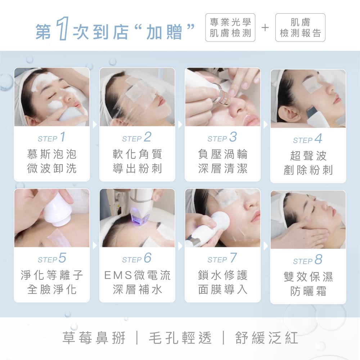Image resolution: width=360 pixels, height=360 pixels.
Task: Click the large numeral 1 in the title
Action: pyautogui.click(x=62, y=28)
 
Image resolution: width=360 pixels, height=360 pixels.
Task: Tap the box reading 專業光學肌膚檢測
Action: pyautogui.click(x=230, y=28)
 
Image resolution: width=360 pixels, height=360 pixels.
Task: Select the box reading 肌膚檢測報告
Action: pyautogui.click(x=300, y=28)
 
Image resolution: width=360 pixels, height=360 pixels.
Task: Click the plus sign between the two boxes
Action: pyautogui.click(x=265, y=28)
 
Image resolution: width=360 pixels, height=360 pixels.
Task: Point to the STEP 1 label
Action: pyautogui.click(x=51, y=137)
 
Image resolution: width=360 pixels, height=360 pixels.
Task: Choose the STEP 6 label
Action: pyautogui.click(x=137, y=258)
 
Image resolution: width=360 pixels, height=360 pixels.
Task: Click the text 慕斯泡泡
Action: pyautogui.click(x=51, y=154)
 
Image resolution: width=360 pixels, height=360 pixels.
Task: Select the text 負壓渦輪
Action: pyautogui.click(x=223, y=154)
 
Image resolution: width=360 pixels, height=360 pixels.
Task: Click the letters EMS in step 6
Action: pyautogui.click(x=118, y=275)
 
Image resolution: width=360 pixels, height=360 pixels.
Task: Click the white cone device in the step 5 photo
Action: pyautogui.click(x=57, y=210)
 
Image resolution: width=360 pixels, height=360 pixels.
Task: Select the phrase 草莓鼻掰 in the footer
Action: pyautogui.click(x=94, y=338)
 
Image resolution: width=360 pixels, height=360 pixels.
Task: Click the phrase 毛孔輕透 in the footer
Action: pyautogui.click(x=180, y=338)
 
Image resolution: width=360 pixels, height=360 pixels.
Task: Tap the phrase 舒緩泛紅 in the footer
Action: pyautogui.click(x=266, y=338)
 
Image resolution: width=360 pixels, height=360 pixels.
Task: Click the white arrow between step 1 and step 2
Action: pyautogui.click(x=95, y=125)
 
